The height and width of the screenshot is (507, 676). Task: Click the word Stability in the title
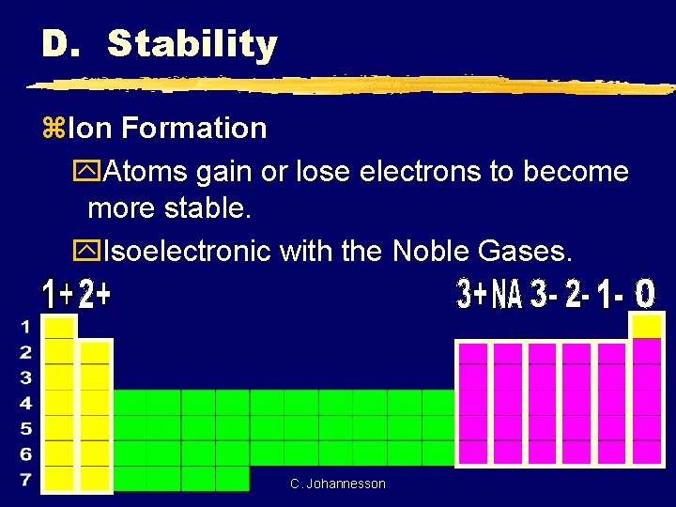click(x=192, y=44)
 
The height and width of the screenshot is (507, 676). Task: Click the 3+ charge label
click(x=472, y=295)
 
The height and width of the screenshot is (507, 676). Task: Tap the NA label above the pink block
click(x=507, y=295)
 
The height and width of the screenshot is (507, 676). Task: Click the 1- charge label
click(x=611, y=295)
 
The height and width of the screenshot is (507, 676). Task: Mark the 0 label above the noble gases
click(x=645, y=295)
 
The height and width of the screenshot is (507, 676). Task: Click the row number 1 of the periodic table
click(x=26, y=328)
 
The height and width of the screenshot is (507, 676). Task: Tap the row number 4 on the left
click(x=26, y=404)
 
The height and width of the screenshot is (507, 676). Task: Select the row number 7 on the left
click(x=26, y=480)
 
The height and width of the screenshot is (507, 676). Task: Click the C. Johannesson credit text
click(x=338, y=484)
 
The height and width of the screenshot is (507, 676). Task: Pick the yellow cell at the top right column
click(x=647, y=326)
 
